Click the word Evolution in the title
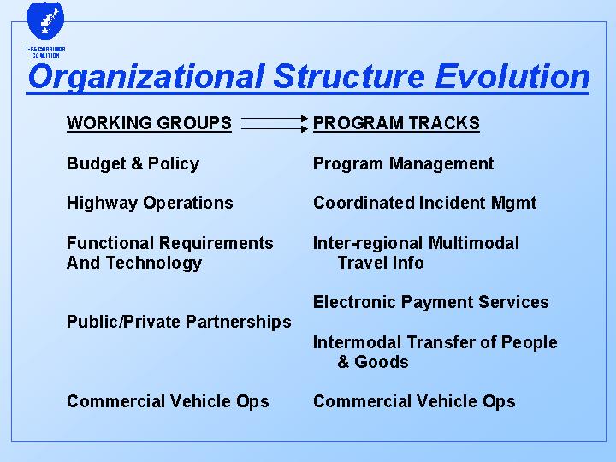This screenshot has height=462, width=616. pyautogui.click(x=512, y=77)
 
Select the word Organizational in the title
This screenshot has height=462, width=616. pyautogui.click(x=145, y=77)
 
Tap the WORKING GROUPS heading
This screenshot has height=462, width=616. pyautogui.click(x=149, y=123)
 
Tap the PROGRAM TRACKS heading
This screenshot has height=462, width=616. pyautogui.click(x=396, y=123)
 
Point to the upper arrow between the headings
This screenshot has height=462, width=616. pyautogui.click(x=275, y=119)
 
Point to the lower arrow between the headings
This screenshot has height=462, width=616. pyautogui.click(x=275, y=129)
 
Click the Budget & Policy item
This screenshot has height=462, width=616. pyautogui.click(x=133, y=163)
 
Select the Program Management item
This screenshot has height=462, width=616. pyautogui.click(x=403, y=163)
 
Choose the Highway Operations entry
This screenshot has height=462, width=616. pyautogui.click(x=150, y=203)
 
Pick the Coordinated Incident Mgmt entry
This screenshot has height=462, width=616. pyautogui.click(x=424, y=203)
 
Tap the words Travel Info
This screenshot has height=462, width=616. pyautogui.click(x=381, y=263)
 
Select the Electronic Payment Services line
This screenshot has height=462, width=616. pyautogui.click(x=430, y=302)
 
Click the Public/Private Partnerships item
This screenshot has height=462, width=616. pyautogui.click(x=179, y=322)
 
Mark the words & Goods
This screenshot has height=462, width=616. pyautogui.click(x=373, y=362)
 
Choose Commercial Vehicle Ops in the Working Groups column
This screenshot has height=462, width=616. pyautogui.click(x=168, y=401)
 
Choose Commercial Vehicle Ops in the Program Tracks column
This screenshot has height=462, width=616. pyautogui.click(x=414, y=401)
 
